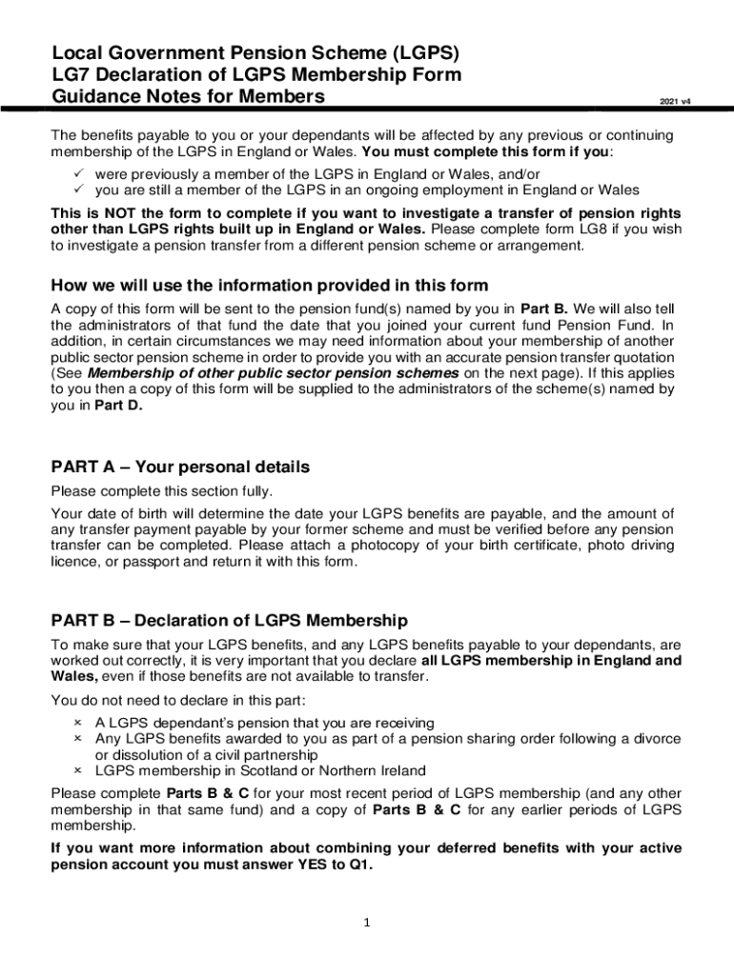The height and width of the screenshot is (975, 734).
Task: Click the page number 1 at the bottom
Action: point(367,922)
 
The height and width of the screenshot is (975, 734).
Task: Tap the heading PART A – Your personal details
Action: point(180,468)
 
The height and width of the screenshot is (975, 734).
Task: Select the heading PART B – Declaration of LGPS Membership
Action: point(229,621)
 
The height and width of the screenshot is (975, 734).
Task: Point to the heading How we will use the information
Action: point(269,286)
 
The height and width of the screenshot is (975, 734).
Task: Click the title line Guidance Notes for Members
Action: point(188,96)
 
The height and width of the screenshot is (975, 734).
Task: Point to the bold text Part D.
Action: point(113,404)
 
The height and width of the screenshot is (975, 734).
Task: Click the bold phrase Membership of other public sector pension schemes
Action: point(275,373)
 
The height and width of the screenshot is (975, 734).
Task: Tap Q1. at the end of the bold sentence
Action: point(360,866)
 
